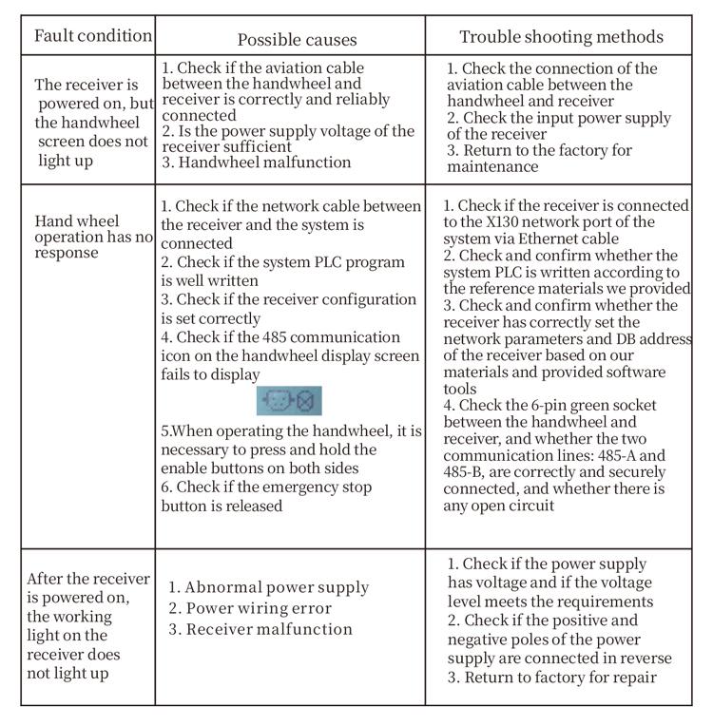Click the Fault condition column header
pos(92,36)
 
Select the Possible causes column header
pos(297,39)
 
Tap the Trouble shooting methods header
pos(561,38)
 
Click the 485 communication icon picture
pos(290,401)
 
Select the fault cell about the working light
pos(87,625)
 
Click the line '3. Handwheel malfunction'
pos(256,162)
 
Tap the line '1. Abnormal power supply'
pos(268,588)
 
